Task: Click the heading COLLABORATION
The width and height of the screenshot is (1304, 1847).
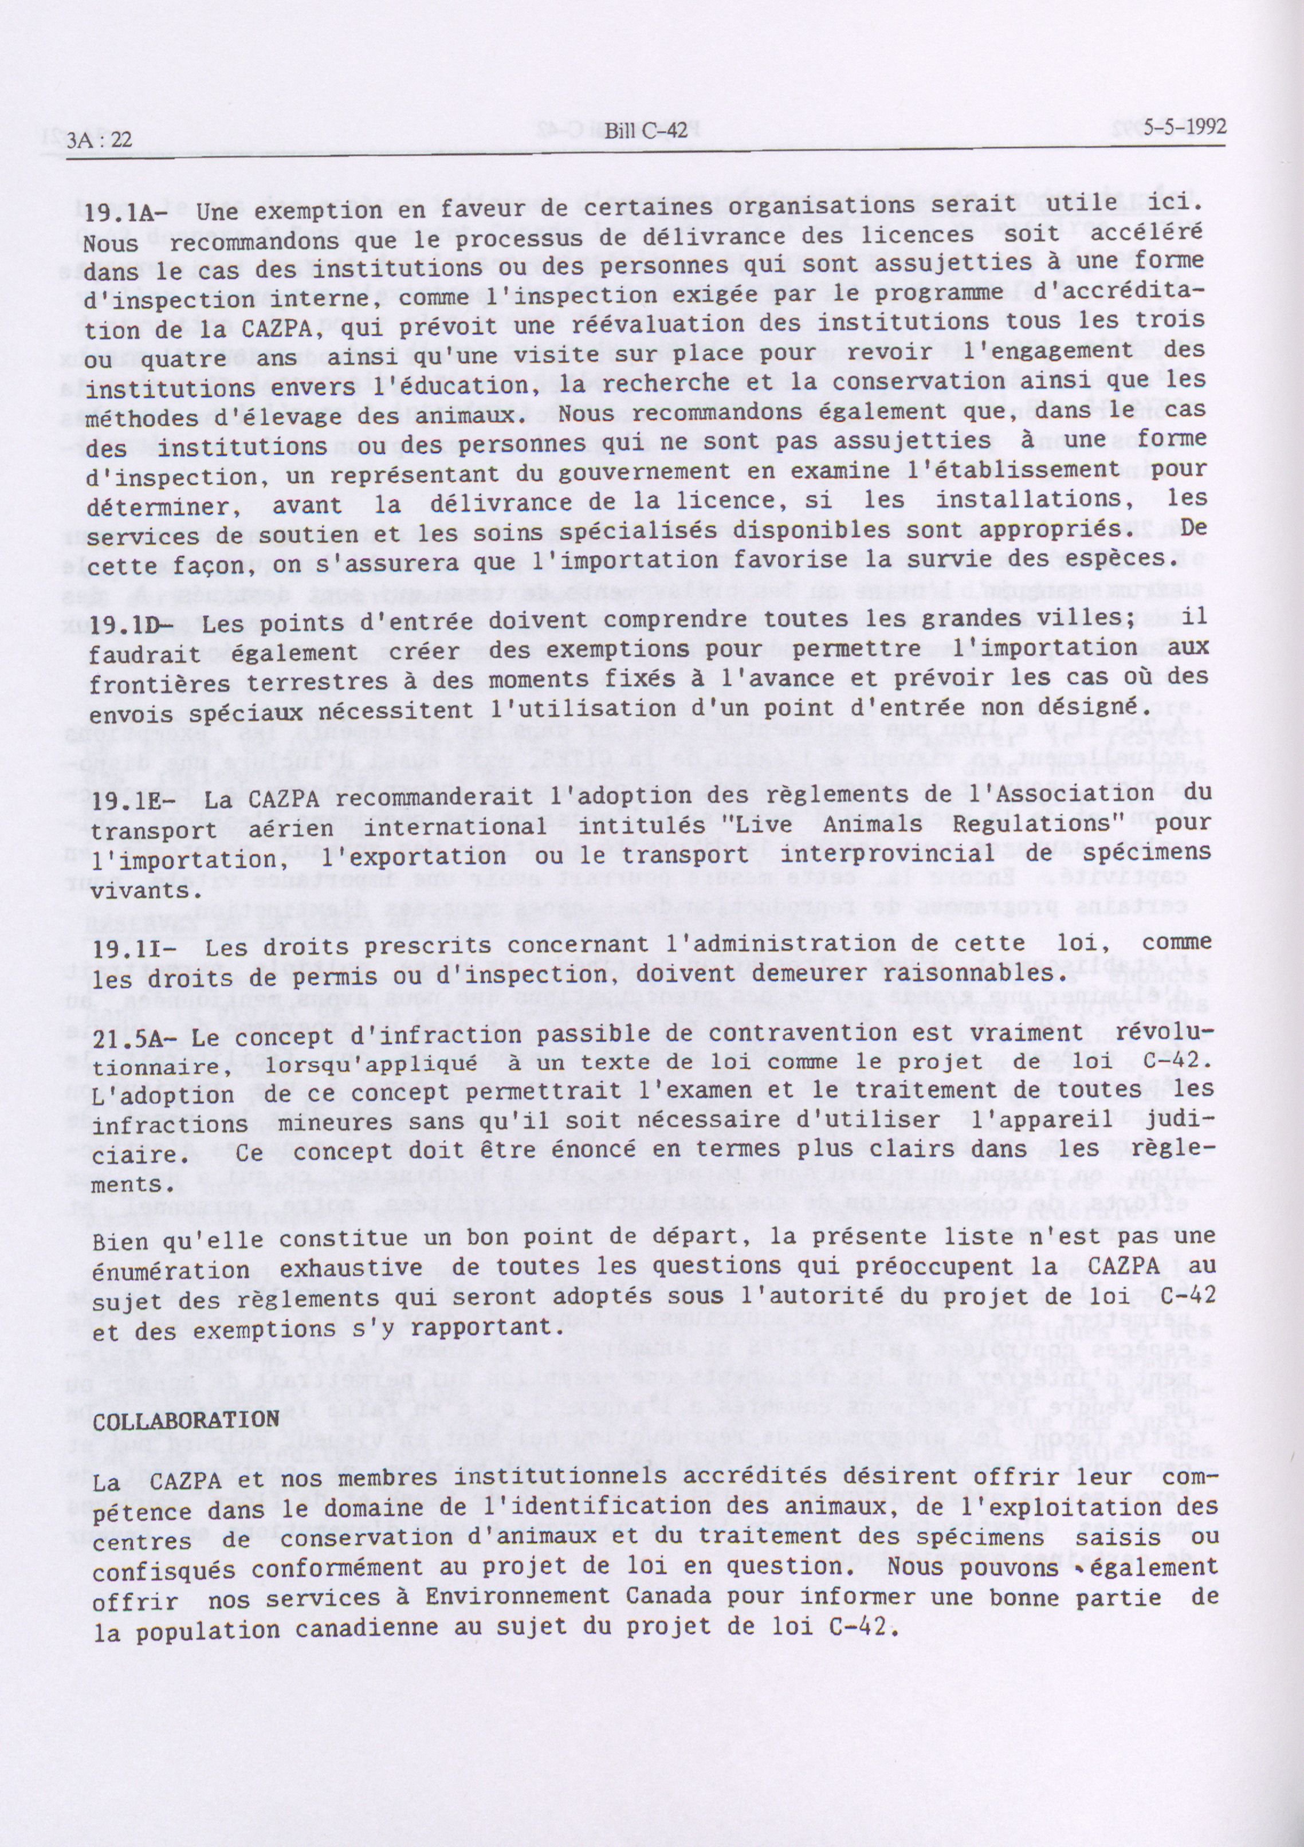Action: (x=187, y=1420)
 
